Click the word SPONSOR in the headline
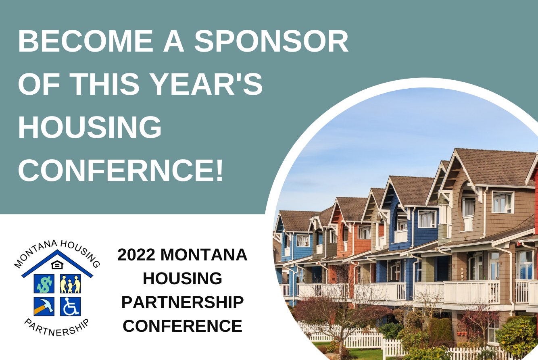pyautogui.click(x=271, y=41)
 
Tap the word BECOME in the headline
pyautogui.click(x=86, y=41)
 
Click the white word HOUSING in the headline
pyautogui.click(x=90, y=127)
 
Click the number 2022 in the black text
pyautogui.click(x=136, y=255)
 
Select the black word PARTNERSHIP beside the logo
pyautogui.click(x=183, y=302)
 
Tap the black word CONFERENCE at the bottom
pyautogui.click(x=183, y=326)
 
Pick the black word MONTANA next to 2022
pyautogui.click(x=204, y=255)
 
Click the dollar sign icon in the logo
pyautogui.click(x=44, y=284)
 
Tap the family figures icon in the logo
pyautogui.click(x=70, y=284)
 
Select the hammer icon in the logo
pyautogui.click(x=44, y=306)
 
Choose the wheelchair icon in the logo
pyautogui.click(x=70, y=306)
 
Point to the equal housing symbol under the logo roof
pyautogui.click(x=57, y=265)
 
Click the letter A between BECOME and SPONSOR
pyautogui.click(x=173, y=41)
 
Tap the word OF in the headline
pyautogui.click(x=39, y=84)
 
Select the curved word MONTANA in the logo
pyautogui.click(x=35, y=253)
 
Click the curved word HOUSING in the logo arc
pyautogui.click(x=81, y=253)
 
